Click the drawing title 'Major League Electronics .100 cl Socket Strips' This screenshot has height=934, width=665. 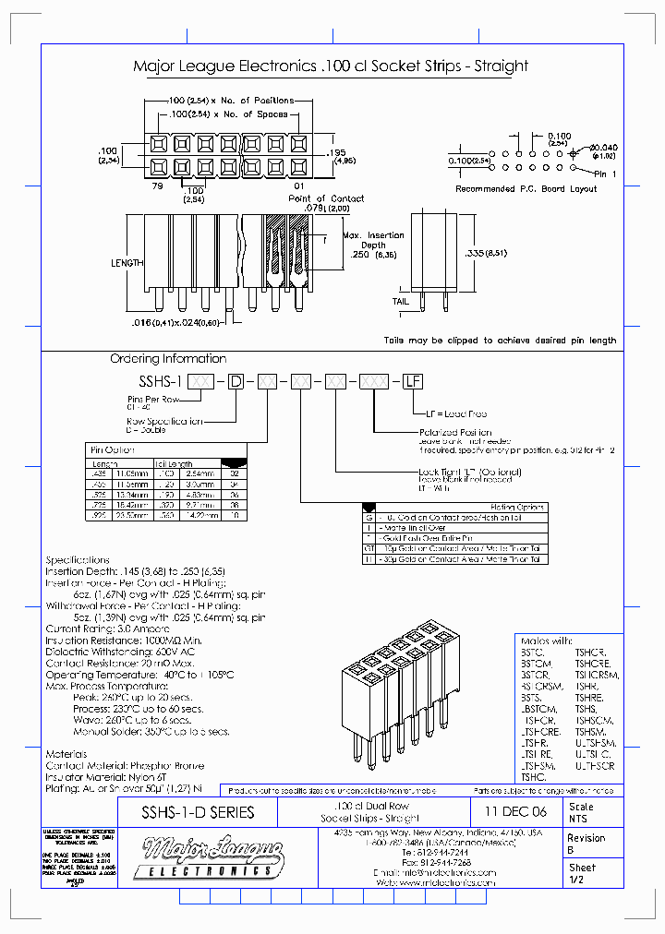331,66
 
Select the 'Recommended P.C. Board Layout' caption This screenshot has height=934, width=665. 526,189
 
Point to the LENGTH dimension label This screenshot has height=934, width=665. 127,263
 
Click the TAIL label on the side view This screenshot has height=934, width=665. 400,301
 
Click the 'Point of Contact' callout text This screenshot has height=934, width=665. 326,198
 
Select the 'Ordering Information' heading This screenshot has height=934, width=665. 168,359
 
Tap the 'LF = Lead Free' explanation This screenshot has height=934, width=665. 455,414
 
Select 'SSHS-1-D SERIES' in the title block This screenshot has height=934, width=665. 198,812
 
